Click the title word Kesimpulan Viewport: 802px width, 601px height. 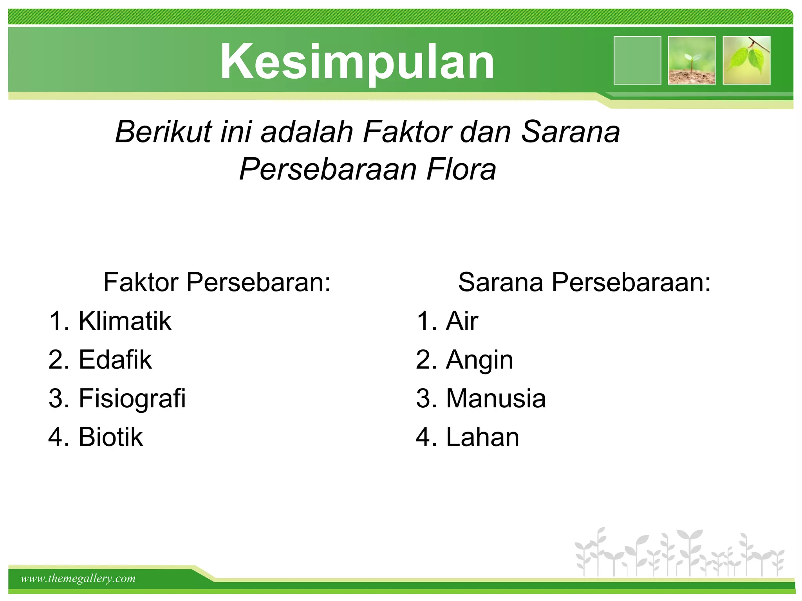[x=357, y=62]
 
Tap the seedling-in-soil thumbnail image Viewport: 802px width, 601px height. [x=692, y=60]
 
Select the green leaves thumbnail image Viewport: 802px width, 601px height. [x=746, y=60]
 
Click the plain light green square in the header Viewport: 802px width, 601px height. [x=637, y=60]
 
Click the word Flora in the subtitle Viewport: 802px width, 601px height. [x=461, y=169]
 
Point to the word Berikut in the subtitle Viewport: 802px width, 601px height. [x=163, y=132]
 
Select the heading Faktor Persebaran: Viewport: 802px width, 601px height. [x=217, y=282]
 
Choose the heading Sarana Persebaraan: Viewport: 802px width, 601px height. [x=584, y=282]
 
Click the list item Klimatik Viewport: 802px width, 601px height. [x=125, y=321]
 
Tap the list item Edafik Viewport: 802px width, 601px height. [x=115, y=360]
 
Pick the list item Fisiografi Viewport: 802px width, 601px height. [x=132, y=399]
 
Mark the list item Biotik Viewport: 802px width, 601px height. [x=110, y=437]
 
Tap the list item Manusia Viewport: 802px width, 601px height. [x=496, y=399]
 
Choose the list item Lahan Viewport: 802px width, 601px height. [x=482, y=437]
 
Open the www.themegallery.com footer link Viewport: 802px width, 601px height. [x=78, y=578]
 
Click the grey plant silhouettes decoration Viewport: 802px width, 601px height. [x=679, y=552]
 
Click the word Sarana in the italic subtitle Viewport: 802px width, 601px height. [x=570, y=132]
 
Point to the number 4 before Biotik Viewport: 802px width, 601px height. [x=55, y=437]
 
